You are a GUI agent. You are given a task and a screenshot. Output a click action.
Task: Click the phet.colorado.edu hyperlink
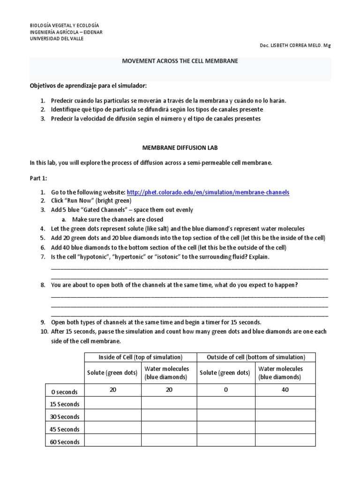click(208, 192)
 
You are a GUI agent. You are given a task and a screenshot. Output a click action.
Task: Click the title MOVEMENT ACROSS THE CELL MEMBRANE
click(180, 61)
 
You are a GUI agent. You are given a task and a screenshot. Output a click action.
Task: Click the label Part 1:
click(38, 178)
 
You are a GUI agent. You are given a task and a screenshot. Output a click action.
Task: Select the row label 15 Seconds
click(64, 404)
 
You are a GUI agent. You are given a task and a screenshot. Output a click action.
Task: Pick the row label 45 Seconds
click(64, 429)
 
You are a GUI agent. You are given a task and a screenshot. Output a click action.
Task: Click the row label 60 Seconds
click(64, 442)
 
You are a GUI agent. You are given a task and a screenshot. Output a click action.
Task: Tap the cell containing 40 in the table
click(285, 390)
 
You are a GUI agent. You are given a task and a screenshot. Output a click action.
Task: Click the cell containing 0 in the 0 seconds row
click(226, 390)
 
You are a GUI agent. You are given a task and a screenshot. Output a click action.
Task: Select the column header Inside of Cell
click(141, 357)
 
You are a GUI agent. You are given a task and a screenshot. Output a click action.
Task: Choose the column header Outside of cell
click(256, 357)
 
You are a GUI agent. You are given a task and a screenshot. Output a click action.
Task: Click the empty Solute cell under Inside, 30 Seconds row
click(112, 416)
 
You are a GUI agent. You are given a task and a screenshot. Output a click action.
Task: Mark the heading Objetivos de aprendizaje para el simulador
click(89, 86)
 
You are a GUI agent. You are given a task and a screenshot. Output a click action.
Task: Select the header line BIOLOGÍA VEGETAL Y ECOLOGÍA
click(64, 25)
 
